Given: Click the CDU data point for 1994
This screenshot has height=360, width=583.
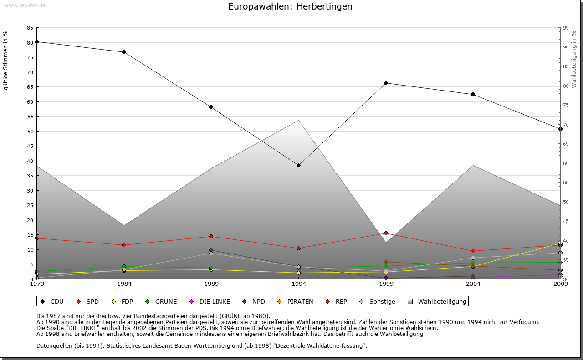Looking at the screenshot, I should pyautogui.click(x=298, y=165).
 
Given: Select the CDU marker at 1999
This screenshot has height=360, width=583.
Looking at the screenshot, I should pyautogui.click(x=386, y=83).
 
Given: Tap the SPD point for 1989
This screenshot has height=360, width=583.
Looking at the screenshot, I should pyautogui.click(x=211, y=236).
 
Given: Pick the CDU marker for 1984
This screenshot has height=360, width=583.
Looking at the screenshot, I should pyautogui.click(x=124, y=52).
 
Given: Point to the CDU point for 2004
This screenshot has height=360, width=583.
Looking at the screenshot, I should pyautogui.click(x=473, y=94).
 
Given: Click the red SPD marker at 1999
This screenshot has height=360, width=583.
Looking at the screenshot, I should pyautogui.click(x=386, y=233).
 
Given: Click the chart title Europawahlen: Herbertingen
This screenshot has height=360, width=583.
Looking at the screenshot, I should pyautogui.click(x=290, y=7).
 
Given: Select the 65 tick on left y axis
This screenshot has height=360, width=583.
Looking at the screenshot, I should pyautogui.click(x=30, y=87).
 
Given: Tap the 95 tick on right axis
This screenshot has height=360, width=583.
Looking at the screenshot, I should pyautogui.click(x=566, y=28).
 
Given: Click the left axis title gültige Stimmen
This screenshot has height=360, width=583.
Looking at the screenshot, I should pyautogui.click(x=6, y=61).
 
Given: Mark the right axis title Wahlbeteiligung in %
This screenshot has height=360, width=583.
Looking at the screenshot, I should pyautogui.click(x=573, y=59).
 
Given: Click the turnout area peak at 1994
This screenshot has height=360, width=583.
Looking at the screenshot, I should pyautogui.click(x=298, y=121).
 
